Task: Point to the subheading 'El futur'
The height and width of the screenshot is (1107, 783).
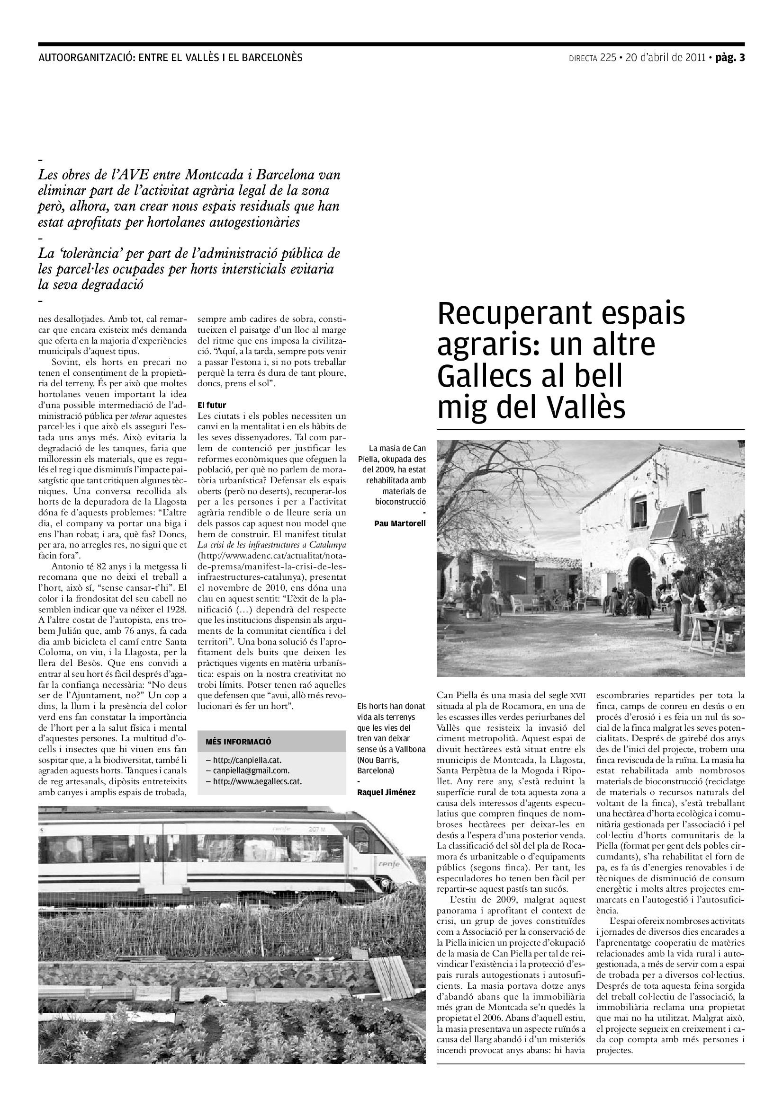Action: pyautogui.click(x=212, y=406)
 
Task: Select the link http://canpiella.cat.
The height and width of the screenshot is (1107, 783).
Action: pyautogui.click(x=243, y=760)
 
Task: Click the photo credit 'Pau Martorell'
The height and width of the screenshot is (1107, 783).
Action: pyautogui.click(x=400, y=523)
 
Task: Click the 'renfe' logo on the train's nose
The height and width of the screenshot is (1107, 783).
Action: pyautogui.click(x=389, y=865)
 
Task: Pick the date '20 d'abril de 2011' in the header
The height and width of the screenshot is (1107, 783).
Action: pyautogui.click(x=666, y=58)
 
